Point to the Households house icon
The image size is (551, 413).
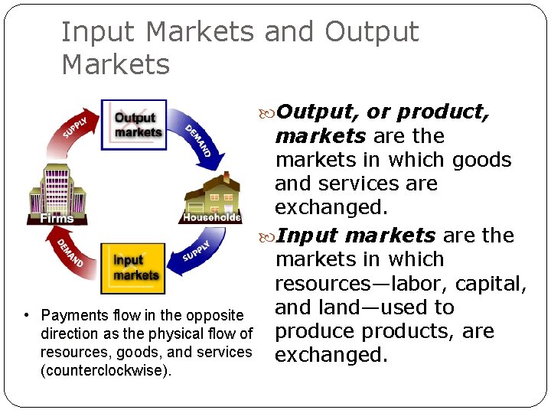(212, 198)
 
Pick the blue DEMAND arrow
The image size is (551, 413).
(201, 139)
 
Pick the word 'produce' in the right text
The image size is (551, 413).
(315, 332)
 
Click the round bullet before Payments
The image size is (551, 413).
(27, 315)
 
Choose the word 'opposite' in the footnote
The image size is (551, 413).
(214, 315)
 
